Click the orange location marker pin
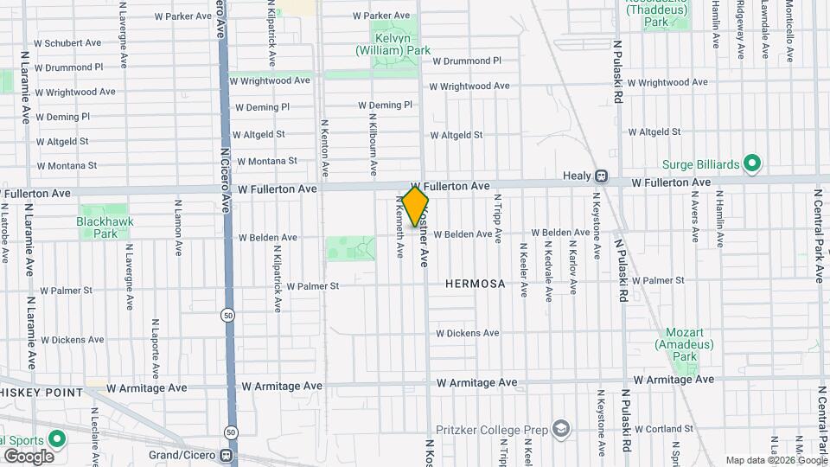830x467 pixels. tap(415, 207)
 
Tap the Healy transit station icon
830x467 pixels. tap(601, 176)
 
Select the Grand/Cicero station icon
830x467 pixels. tap(227, 455)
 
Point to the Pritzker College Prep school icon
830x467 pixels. tap(562, 429)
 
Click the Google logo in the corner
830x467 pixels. tap(29, 456)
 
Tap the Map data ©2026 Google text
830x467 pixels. tap(775, 460)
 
